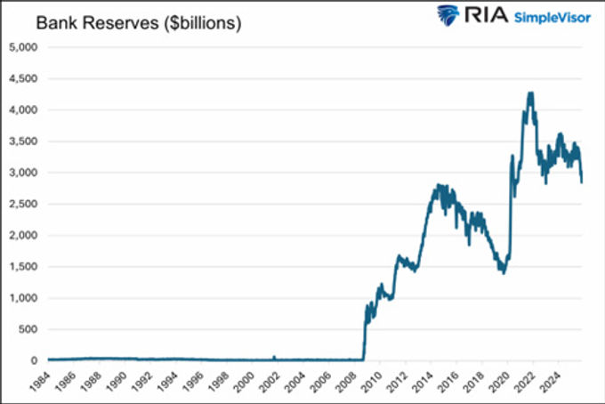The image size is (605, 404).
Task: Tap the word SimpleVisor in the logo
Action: click(x=551, y=18)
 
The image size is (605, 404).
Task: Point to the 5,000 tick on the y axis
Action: click(x=23, y=47)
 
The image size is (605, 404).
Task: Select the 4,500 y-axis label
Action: click(x=23, y=78)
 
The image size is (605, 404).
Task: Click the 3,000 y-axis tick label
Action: click(x=23, y=173)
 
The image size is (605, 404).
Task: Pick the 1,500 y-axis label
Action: click(x=23, y=267)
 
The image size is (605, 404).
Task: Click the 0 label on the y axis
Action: click(x=35, y=360)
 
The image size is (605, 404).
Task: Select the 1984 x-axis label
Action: click(x=38, y=382)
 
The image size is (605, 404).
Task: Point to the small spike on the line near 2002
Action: click(x=274, y=356)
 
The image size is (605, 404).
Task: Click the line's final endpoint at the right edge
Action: click(x=583, y=182)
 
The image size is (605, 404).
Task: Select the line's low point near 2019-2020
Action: click(x=503, y=271)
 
